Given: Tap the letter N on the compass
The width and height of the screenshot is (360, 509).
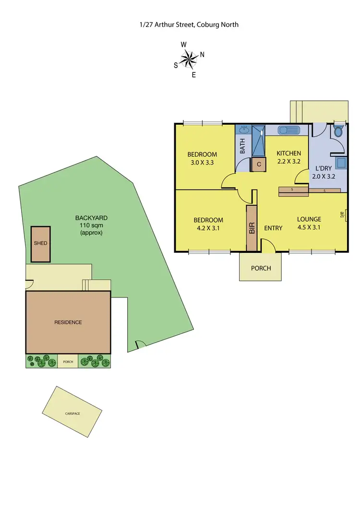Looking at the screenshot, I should click(202, 54).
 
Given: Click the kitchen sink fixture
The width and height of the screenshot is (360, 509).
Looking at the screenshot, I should click(289, 130).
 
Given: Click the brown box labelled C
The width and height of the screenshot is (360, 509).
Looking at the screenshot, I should click(259, 165).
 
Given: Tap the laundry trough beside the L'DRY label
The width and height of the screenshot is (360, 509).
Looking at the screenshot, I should click(342, 163).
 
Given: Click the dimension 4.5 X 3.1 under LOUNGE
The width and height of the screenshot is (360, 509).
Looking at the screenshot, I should click(309, 228).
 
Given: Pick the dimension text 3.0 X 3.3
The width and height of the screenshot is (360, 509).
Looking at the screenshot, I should click(202, 163).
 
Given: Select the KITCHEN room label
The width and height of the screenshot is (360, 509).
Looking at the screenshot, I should click(288, 154).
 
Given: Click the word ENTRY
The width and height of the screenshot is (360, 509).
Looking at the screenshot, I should click(273, 228).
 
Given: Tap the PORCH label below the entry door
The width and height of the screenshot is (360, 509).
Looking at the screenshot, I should click(261, 268).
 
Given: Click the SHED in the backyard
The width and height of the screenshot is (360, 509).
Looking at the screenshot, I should click(41, 244).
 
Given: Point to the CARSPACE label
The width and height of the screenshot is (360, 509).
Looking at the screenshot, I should click(72, 413).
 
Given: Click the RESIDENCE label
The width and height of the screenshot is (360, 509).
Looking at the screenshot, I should click(68, 322).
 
